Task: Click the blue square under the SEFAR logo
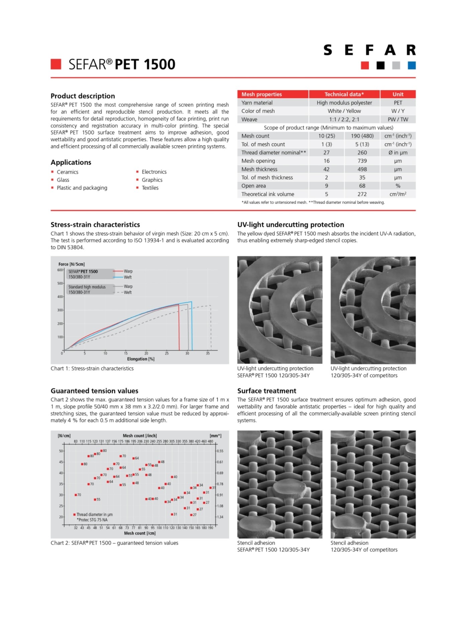(x=412, y=65)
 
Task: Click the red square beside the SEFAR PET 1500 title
(x=56, y=64)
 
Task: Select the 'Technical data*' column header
(x=344, y=94)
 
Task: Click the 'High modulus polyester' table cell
(x=344, y=103)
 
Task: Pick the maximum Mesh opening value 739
(x=362, y=161)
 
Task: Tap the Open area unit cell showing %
(x=398, y=186)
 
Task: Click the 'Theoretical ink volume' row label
(x=268, y=194)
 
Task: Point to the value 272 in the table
(x=362, y=194)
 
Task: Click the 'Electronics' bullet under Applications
(x=154, y=172)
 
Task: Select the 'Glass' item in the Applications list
(x=63, y=180)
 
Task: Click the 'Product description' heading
(x=83, y=96)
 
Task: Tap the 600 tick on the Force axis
(x=60, y=270)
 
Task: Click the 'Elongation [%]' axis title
(x=141, y=359)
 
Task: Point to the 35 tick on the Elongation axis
(x=208, y=353)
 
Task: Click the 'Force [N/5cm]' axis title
(x=72, y=264)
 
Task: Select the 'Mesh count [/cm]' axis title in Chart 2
(x=140, y=533)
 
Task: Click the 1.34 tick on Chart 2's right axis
(x=220, y=517)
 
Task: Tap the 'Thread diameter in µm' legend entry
(x=94, y=514)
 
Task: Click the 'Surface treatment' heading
(x=266, y=391)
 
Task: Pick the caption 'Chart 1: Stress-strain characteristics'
(x=92, y=368)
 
